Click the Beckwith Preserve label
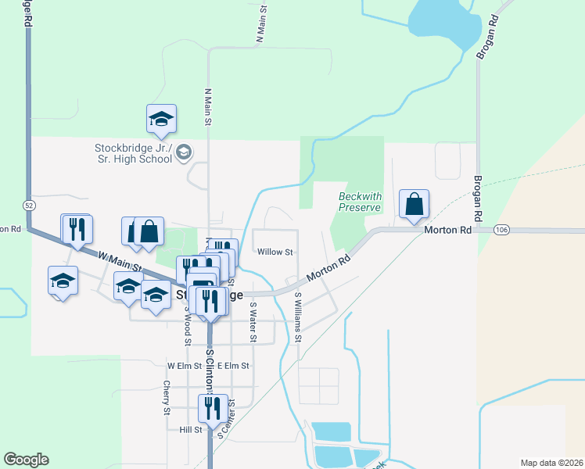coord(359,202)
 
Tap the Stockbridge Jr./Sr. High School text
coord(133,153)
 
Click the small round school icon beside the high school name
coord(184,152)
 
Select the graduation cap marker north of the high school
coord(161,120)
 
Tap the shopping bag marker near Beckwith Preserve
coord(414,205)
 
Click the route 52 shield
coord(29,205)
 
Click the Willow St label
coord(275,252)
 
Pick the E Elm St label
coord(233,365)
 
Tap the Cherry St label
coord(167,397)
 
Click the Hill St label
coord(191,429)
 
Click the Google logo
coord(26,460)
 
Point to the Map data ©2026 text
coord(551,463)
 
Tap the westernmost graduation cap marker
coord(63,281)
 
